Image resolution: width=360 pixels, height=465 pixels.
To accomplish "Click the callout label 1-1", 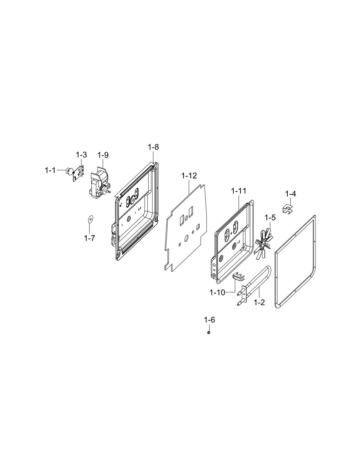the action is pyautogui.click(x=50, y=171).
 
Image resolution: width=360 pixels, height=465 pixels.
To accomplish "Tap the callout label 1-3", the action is pyautogui.click(x=81, y=155).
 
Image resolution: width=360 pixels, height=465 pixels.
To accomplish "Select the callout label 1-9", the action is pyautogui.click(x=103, y=155).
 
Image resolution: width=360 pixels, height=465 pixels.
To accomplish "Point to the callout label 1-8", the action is pyautogui.click(x=153, y=147).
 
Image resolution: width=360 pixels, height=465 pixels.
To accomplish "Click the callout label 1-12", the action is pyautogui.click(x=189, y=176).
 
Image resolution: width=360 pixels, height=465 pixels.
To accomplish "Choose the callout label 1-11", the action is pyautogui.click(x=239, y=191).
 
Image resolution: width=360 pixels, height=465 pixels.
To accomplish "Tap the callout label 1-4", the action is pyautogui.click(x=290, y=194).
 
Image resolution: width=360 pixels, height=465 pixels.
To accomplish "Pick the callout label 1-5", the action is pyautogui.click(x=270, y=218).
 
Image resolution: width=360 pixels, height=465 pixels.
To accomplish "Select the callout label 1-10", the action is pyautogui.click(x=217, y=293).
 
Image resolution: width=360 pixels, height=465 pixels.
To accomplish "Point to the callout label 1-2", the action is pyautogui.click(x=259, y=302).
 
